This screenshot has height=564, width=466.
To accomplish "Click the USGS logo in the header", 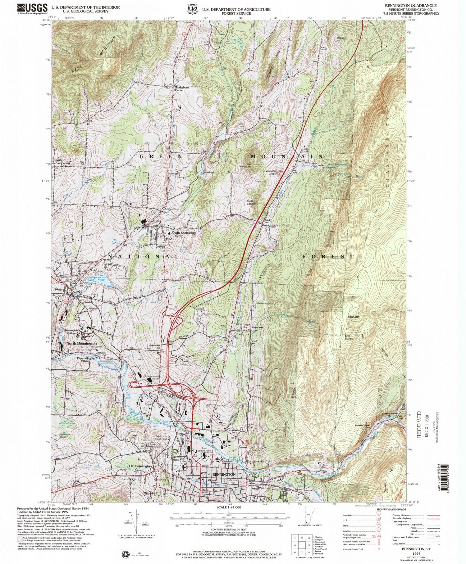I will pyautogui.click(x=32, y=9).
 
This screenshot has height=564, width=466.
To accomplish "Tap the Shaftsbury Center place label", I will pyautogui.click(x=182, y=88).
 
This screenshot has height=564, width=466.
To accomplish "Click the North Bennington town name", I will pyautogui.click(x=81, y=344).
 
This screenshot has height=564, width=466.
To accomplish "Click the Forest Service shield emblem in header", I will pyautogui.click(x=193, y=9).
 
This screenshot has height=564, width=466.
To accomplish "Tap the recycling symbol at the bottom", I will pyautogui.click(x=126, y=554).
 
